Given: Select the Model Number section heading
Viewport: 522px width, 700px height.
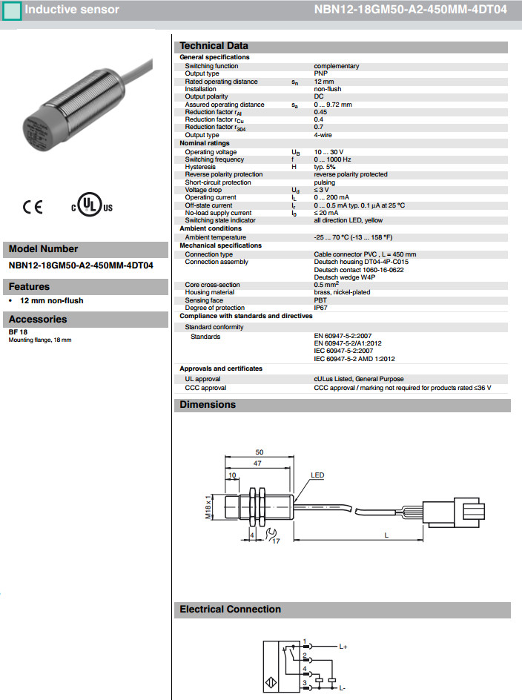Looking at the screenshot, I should click(x=43, y=249).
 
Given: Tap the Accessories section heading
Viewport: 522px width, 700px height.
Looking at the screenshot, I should click(x=38, y=320).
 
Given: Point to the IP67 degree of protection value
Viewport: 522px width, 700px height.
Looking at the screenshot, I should click(x=320, y=308).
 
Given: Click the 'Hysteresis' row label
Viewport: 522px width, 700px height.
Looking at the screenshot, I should click(x=202, y=167).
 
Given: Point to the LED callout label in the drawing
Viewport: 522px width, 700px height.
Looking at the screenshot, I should click(x=318, y=475).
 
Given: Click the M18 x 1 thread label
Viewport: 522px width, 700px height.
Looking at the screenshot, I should click(x=210, y=509).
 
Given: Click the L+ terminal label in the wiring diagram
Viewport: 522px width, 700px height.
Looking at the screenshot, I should click(x=343, y=647).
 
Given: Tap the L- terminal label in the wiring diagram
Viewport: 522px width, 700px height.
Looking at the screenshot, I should click(x=343, y=687).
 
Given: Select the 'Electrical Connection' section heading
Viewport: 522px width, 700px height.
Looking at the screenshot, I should click(x=231, y=610).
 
